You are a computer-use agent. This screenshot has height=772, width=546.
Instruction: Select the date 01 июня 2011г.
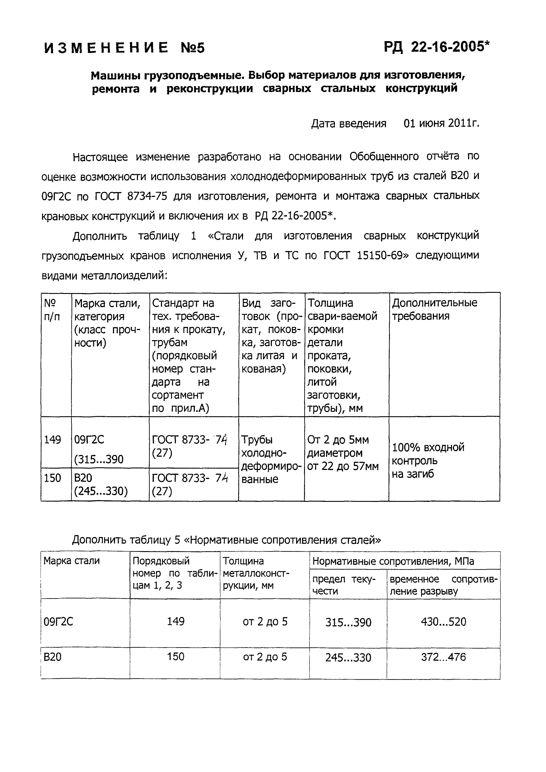click(x=441, y=124)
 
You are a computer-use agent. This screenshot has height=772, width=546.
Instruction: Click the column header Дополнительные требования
click(x=434, y=309)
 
